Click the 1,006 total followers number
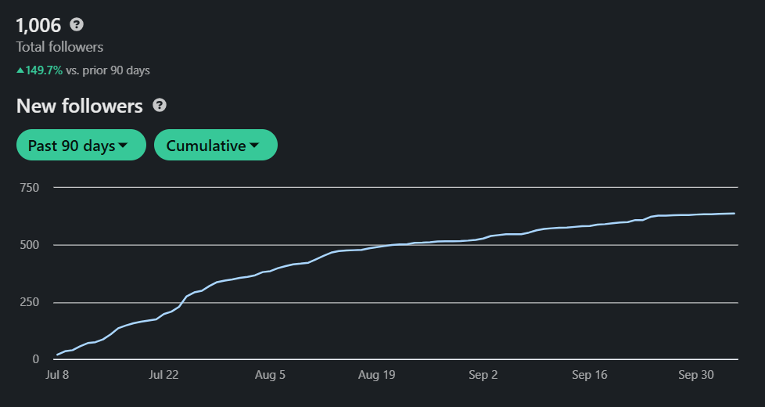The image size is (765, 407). (x=38, y=25)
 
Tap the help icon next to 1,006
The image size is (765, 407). (x=77, y=24)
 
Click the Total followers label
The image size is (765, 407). (x=59, y=47)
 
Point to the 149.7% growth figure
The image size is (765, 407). (x=45, y=70)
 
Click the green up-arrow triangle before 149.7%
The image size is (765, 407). (x=20, y=70)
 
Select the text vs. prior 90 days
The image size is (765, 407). (x=108, y=70)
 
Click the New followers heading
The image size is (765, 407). (x=80, y=106)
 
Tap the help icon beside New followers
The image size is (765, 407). (x=160, y=106)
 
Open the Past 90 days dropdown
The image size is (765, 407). (x=81, y=145)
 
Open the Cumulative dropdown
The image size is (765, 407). (x=216, y=145)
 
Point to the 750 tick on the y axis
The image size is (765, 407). (x=30, y=188)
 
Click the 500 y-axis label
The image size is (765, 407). (x=30, y=245)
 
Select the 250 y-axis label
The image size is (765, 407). (x=30, y=302)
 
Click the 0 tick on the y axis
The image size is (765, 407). (x=36, y=359)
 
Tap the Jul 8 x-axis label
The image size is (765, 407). (x=57, y=375)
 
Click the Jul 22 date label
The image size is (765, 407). (x=163, y=375)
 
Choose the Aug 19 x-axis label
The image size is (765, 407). (x=377, y=375)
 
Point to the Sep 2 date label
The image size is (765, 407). (x=483, y=375)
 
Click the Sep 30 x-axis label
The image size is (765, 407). (x=696, y=375)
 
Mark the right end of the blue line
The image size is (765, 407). (x=734, y=213)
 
